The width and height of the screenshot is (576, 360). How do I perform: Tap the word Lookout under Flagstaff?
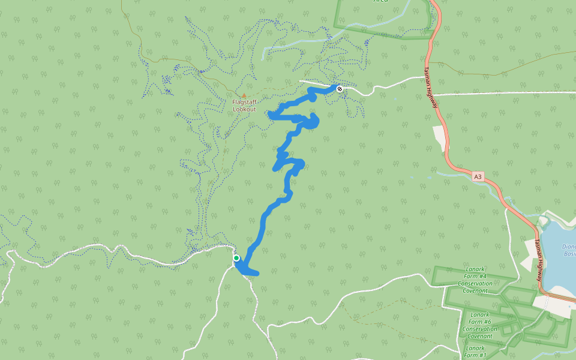244,109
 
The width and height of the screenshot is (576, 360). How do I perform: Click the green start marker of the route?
236,258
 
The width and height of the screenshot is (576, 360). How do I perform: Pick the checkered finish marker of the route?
340,89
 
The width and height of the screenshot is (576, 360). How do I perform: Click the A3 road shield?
478,177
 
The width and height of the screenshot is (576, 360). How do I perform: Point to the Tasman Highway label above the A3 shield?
431,88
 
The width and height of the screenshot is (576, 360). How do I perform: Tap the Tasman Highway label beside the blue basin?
539,262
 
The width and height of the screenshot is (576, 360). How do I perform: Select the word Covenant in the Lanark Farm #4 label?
475,290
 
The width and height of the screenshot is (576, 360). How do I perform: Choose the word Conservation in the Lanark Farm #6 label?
479,329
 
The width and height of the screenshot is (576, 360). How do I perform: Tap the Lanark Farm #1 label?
475,352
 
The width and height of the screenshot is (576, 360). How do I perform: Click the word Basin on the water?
569,253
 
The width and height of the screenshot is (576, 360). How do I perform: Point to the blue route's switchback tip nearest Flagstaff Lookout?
271,114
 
